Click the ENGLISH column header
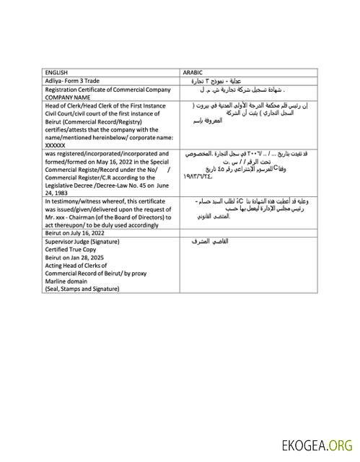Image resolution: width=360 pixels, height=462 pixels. (x=56, y=72)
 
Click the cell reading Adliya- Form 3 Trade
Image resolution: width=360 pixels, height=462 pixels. (x=72, y=80)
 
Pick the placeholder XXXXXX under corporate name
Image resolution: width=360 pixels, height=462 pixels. (x=55, y=144)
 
